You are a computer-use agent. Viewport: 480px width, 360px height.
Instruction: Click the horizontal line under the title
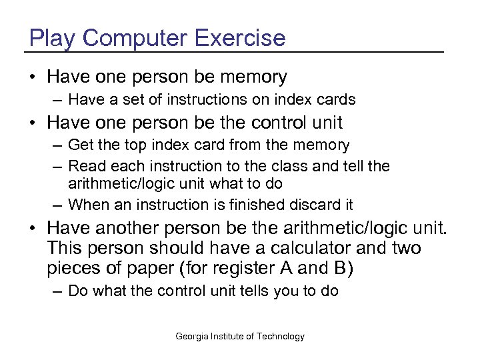[233, 52]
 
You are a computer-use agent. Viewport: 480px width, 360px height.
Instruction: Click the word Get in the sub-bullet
[80, 145]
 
